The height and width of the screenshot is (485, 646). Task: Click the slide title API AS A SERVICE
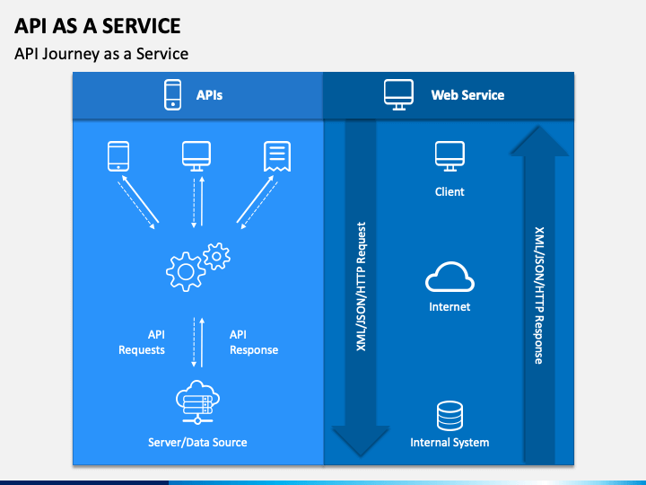(x=97, y=26)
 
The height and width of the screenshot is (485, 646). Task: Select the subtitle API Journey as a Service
(x=101, y=54)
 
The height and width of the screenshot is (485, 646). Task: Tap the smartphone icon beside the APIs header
(x=172, y=95)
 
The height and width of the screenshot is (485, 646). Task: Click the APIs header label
(x=209, y=95)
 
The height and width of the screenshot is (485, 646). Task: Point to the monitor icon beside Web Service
(x=398, y=95)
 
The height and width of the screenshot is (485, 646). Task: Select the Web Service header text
(x=467, y=95)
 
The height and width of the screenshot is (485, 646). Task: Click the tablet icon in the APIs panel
(x=118, y=156)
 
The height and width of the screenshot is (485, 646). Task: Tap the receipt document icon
(x=277, y=156)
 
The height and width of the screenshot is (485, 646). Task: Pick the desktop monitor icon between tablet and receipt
(x=196, y=156)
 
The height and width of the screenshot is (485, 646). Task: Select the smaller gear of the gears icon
(x=217, y=256)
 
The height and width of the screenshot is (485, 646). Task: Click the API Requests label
(x=142, y=342)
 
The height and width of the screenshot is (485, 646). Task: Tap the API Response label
(x=254, y=342)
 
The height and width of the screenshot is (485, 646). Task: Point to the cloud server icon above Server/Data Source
(x=197, y=402)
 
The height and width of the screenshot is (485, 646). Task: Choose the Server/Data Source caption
(x=197, y=443)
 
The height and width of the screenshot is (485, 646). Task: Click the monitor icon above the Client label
(x=450, y=156)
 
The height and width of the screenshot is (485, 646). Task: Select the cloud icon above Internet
(x=450, y=278)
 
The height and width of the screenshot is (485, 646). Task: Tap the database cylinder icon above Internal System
(x=450, y=416)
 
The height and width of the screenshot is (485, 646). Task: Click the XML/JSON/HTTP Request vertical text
(x=361, y=287)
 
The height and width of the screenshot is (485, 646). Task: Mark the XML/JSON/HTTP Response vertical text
(x=539, y=295)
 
